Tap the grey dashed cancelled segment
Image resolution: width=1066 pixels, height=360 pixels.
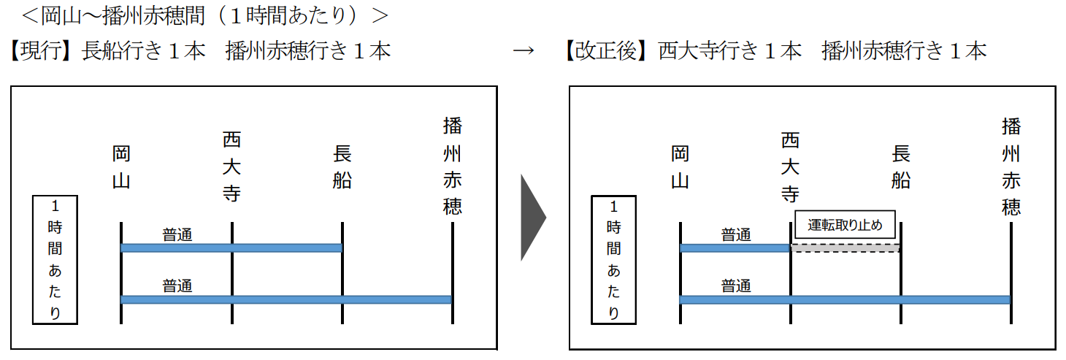[845, 248]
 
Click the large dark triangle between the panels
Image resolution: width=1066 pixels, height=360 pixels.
[533, 217]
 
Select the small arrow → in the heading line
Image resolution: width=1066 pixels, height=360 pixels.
[523, 51]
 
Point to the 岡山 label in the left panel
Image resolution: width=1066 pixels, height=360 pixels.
[121, 167]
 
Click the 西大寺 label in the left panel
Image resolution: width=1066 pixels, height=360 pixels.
[231, 167]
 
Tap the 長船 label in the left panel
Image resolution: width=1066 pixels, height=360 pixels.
[342, 167]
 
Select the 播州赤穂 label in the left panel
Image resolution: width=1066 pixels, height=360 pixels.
[453, 167]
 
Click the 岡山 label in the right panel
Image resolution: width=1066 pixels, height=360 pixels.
[680, 167]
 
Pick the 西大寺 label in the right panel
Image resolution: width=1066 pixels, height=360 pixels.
[791, 167]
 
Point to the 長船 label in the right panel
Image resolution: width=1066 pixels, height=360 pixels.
[901, 167]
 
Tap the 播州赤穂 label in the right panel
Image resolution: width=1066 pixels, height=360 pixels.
[1011, 167]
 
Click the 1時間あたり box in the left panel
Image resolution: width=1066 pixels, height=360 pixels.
[55, 259]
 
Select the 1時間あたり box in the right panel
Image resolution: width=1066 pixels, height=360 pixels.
[613, 259]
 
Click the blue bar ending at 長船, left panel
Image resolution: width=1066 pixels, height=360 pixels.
[231, 248]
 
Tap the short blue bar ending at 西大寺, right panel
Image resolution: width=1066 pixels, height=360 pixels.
[735, 248]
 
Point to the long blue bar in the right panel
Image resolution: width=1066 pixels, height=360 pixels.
[845, 299]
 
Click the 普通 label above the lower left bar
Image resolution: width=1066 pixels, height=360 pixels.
[177, 286]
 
